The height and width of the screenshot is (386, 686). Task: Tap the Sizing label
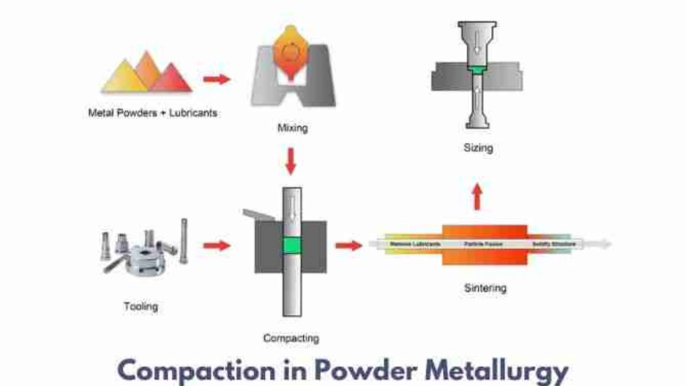[477, 147]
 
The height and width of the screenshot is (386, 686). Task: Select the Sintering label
[484, 288]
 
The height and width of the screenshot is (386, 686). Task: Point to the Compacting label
[291, 338]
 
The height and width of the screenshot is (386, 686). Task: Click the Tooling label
[141, 306]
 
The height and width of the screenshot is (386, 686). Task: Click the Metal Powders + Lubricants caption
[152, 112]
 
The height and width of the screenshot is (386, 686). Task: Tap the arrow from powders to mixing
[216, 79]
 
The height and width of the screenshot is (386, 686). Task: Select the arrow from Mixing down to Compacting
[291, 161]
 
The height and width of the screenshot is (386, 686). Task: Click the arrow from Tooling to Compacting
[216, 245]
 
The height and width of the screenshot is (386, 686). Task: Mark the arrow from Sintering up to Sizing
[478, 196]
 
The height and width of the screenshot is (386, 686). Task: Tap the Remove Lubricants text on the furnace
[414, 244]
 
